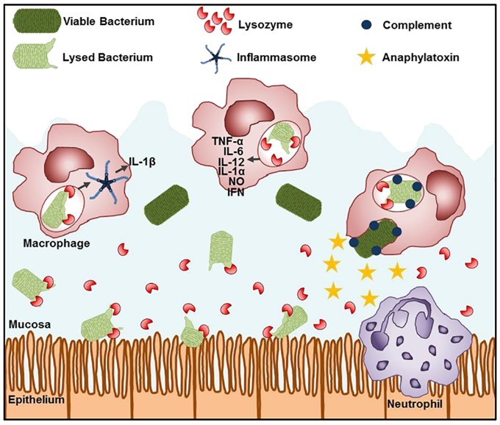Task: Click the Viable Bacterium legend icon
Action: pyautogui.click(x=37, y=22)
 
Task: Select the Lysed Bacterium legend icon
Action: pyautogui.click(x=37, y=56)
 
